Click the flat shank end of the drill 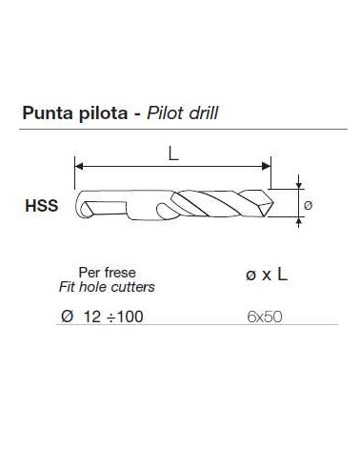[79, 204]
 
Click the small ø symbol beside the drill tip [307, 204]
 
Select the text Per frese [99, 271]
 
